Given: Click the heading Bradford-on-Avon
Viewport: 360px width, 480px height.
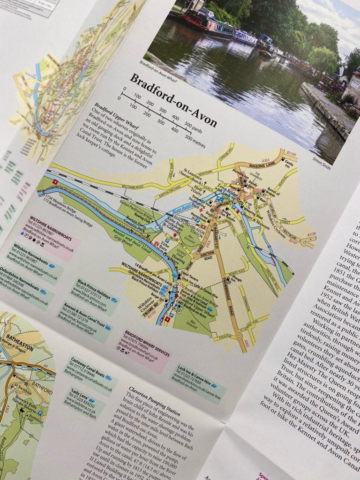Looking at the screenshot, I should [x=173, y=100].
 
